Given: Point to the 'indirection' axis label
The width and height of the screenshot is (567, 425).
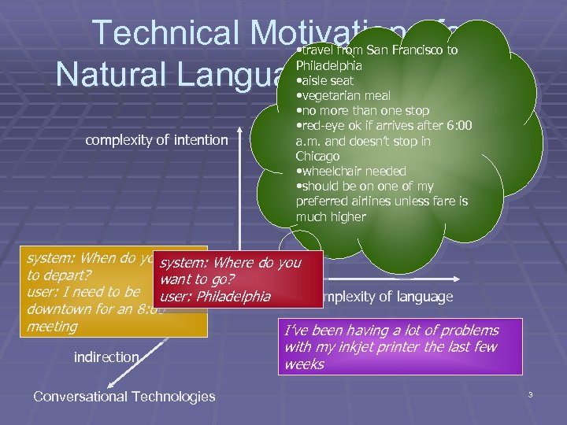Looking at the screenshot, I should (106, 357).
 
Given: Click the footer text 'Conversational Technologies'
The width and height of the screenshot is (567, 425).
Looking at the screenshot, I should (124, 396).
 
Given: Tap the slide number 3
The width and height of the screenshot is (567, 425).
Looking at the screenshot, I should (531, 394).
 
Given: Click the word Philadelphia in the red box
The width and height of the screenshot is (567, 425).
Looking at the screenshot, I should (235, 297).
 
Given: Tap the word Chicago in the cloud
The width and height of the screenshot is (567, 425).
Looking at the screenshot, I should (318, 157).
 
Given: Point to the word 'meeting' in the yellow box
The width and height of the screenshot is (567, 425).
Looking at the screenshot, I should (52, 326).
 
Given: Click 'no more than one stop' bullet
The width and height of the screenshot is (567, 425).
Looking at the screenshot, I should (361, 110).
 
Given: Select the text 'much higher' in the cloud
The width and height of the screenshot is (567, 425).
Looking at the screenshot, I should (331, 216).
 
